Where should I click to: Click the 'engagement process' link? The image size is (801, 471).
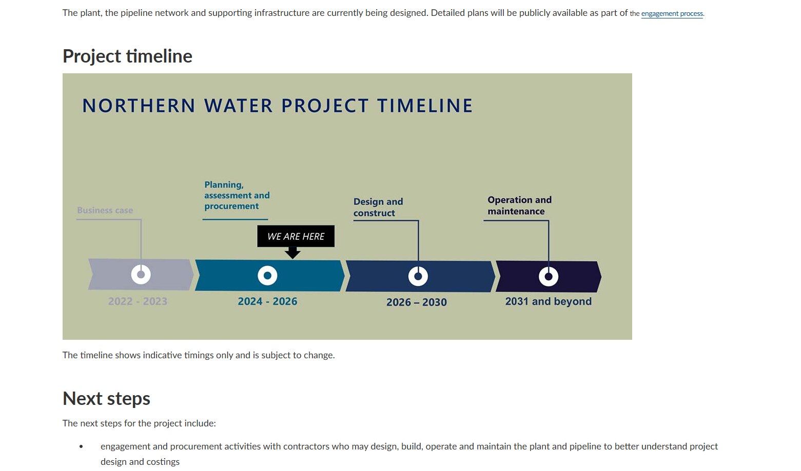[672, 14]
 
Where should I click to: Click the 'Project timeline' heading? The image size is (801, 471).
[127, 56]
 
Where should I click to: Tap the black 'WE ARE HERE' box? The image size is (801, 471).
[296, 236]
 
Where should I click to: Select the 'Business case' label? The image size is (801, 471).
[105, 210]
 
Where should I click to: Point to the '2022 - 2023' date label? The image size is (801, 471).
[138, 301]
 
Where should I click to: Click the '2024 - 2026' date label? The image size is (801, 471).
[267, 301]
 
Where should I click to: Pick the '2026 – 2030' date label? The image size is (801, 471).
[416, 302]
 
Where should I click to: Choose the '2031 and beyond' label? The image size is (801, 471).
[548, 301]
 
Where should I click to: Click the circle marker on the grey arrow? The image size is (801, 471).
[141, 275]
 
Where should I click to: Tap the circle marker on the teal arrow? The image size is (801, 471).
[267, 275]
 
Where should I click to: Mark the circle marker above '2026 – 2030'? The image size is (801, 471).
[418, 276]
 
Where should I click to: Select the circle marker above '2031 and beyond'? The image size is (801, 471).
[549, 277]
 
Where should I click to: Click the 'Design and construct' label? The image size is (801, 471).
[378, 207]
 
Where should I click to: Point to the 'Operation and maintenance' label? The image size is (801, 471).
[519, 206]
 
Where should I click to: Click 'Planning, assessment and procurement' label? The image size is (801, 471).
[237, 195]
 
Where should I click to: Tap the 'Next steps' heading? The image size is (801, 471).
[106, 398]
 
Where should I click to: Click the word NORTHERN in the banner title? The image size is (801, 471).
[139, 106]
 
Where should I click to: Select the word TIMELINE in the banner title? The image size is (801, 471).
[425, 106]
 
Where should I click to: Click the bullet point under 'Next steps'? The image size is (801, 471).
[81, 447]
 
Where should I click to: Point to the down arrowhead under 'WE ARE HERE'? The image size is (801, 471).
[292, 253]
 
